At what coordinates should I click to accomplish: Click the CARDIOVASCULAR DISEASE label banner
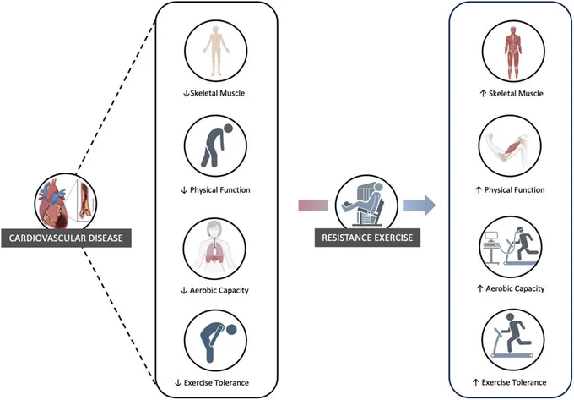(66, 238)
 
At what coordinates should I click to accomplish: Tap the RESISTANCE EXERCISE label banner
(367, 238)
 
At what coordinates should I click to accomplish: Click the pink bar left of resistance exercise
(313, 205)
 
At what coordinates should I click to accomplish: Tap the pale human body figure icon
(215, 51)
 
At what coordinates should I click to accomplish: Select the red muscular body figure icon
(513, 52)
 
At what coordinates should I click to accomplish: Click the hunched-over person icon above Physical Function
(215, 145)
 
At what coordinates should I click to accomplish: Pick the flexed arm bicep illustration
(510, 146)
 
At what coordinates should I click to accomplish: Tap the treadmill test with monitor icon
(511, 246)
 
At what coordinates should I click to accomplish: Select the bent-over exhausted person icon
(215, 340)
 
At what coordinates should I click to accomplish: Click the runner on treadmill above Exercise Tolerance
(513, 340)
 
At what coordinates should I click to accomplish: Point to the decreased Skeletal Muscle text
(214, 93)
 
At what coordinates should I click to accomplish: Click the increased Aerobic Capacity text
(511, 289)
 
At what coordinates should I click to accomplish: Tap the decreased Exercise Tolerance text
(212, 383)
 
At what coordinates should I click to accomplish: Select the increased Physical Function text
(510, 190)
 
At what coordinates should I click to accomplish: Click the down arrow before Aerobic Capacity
(184, 291)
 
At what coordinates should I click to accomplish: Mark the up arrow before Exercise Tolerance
(475, 383)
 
